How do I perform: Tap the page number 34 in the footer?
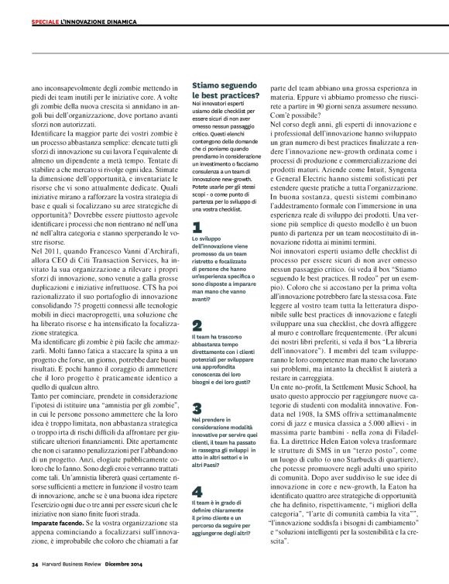[35, 565]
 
